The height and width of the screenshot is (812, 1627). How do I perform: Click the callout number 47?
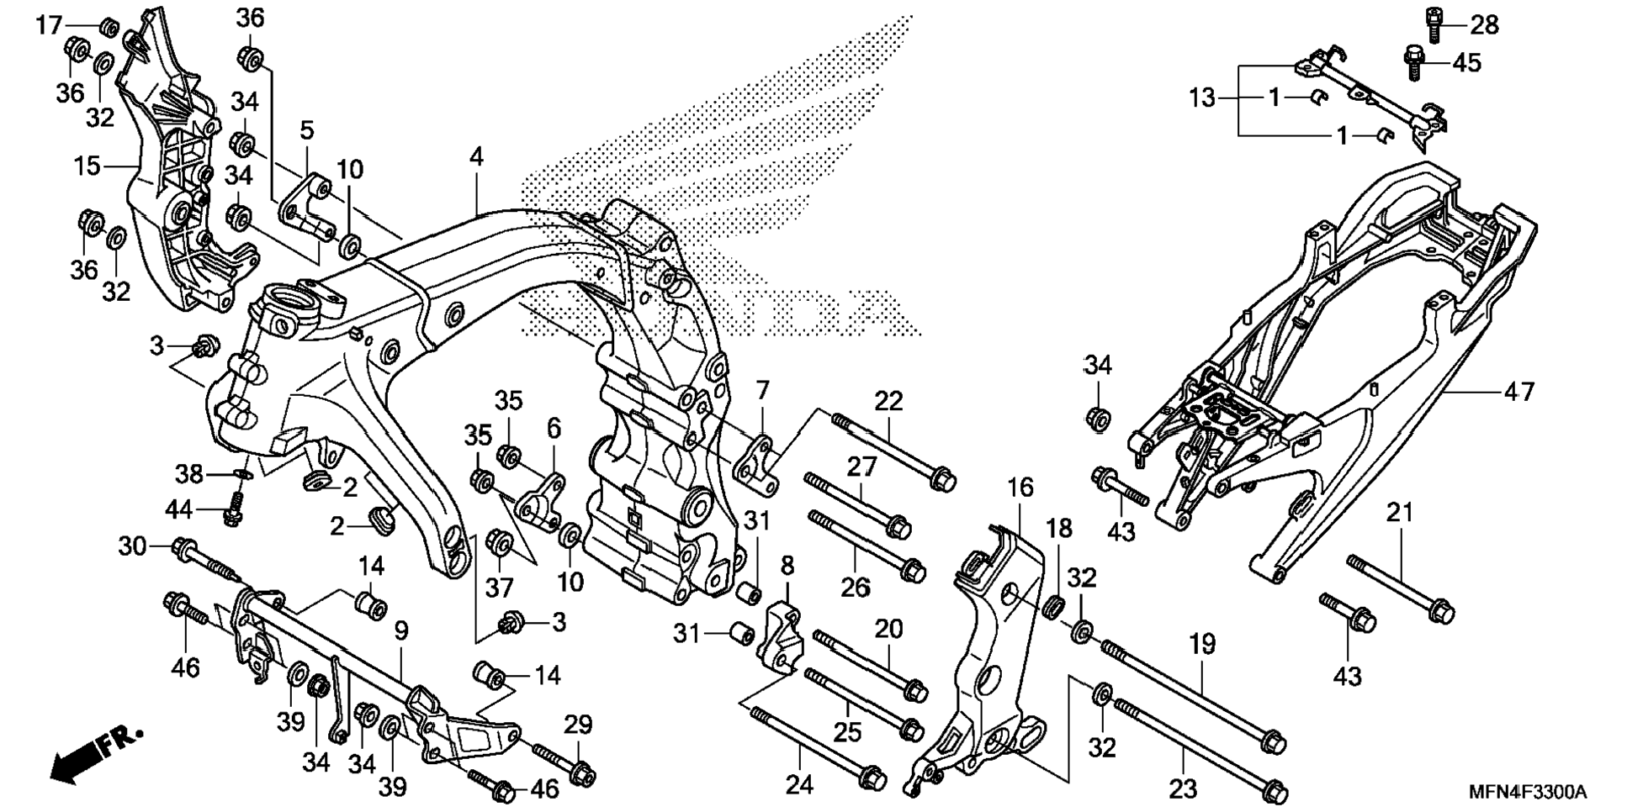pos(1518,392)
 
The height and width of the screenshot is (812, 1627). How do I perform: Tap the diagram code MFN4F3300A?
pos(1527,792)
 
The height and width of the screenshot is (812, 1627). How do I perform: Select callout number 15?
pos(87,166)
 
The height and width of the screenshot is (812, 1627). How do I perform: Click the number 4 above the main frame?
pos(477,156)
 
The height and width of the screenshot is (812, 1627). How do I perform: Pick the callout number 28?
pos(1484,25)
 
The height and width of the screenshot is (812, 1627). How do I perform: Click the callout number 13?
pos(1202,98)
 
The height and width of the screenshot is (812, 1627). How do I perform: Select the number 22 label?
pos(888,401)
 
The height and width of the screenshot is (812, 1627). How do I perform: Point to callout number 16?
pos(1020,488)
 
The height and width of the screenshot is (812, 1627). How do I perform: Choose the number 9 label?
pos(401,630)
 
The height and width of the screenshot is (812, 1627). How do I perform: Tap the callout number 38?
pos(188,474)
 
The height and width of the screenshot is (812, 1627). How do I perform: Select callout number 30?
pos(132,547)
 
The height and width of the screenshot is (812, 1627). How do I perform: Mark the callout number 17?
pos(49,25)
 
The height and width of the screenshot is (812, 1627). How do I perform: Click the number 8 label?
pos(787,566)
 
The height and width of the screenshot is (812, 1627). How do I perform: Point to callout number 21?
pos(1400,512)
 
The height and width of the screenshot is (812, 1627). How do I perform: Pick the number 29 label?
pos(578,725)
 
